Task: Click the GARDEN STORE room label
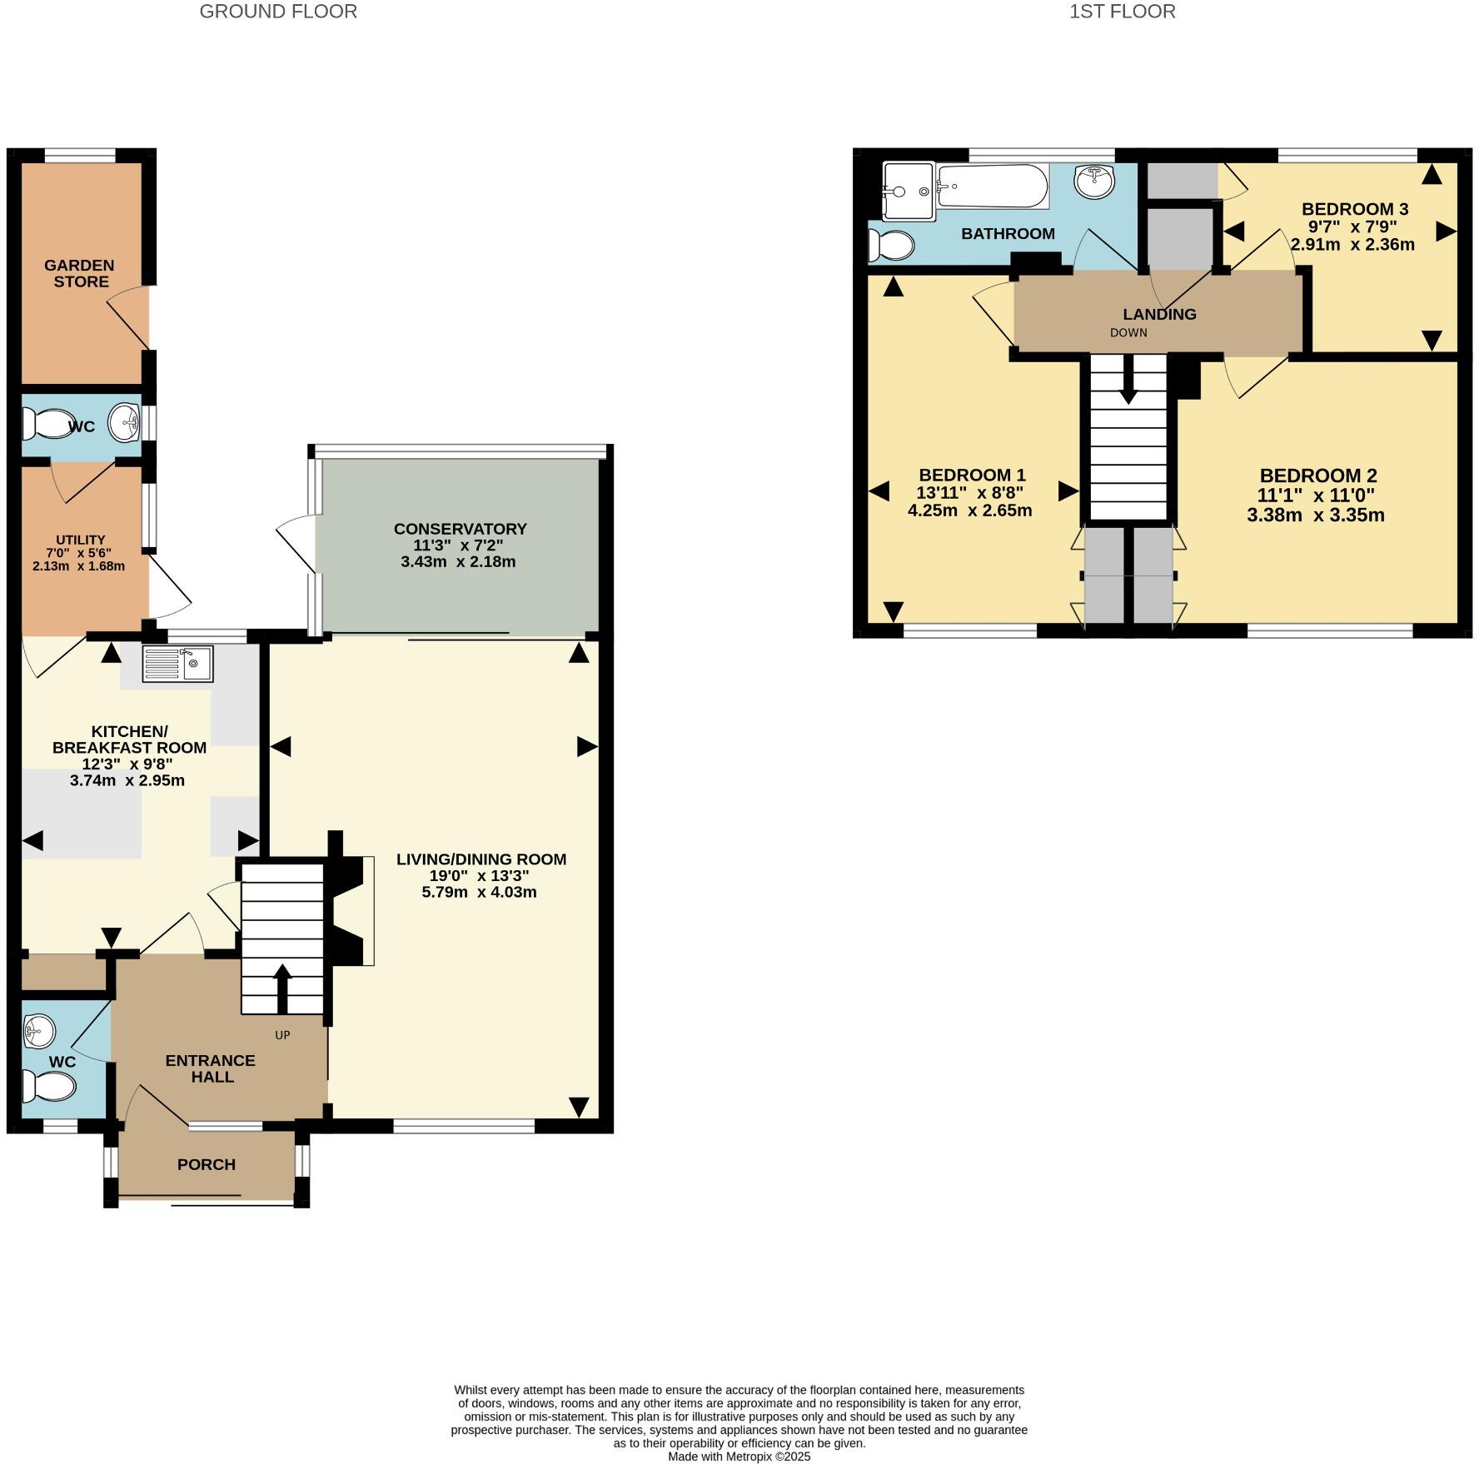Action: [79, 273]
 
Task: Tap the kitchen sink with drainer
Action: [177, 664]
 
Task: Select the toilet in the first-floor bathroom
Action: [890, 245]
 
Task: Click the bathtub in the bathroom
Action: [992, 187]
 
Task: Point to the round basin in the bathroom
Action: [1094, 182]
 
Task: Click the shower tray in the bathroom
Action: [908, 191]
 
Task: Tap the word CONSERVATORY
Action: [460, 529]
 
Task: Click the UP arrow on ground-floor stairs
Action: [282, 988]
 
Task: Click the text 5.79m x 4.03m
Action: [479, 892]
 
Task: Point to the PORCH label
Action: [206, 1164]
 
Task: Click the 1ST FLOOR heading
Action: [1122, 12]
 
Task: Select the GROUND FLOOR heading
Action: [278, 12]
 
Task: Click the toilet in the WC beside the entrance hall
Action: [48, 1086]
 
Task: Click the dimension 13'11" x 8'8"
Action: [969, 493]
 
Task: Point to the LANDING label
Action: [1159, 314]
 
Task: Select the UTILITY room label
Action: [80, 540]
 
